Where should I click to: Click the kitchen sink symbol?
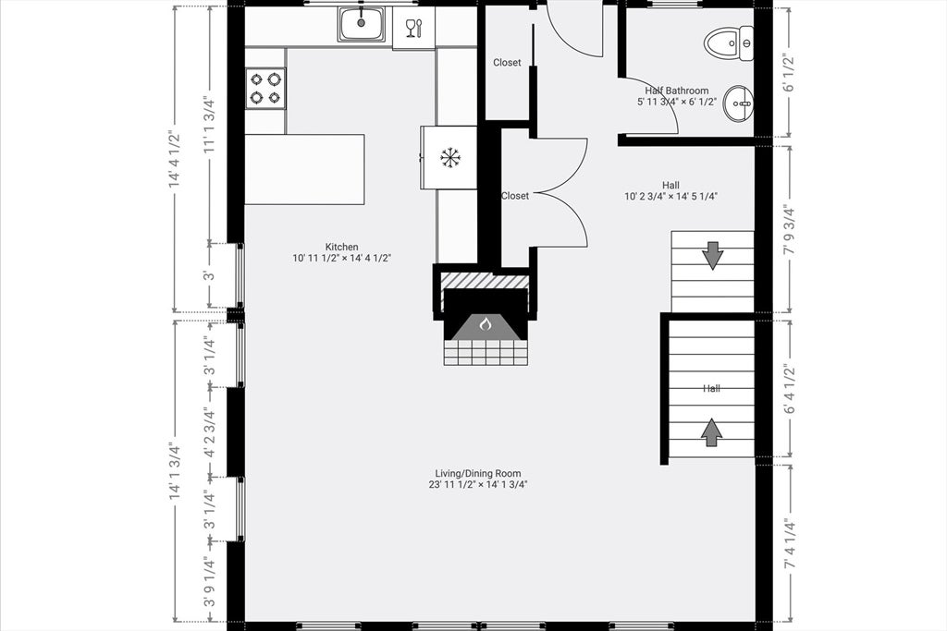pyautogui.click(x=362, y=24)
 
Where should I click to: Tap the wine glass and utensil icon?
pyautogui.click(x=414, y=28)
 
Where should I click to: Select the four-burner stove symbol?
pyautogui.click(x=265, y=88)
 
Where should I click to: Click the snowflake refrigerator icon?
pyautogui.click(x=450, y=158)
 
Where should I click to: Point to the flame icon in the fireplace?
pyautogui.click(x=485, y=325)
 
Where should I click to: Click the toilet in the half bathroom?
pyautogui.click(x=729, y=43)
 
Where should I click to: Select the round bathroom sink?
pyautogui.click(x=738, y=103)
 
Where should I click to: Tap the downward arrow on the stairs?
pyautogui.click(x=713, y=255)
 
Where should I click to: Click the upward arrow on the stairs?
pyautogui.click(x=712, y=432)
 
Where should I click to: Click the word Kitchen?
pyautogui.click(x=342, y=247)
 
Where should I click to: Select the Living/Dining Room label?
pyautogui.click(x=478, y=474)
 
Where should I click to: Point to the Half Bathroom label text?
pyautogui.click(x=676, y=91)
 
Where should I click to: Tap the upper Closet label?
pyautogui.click(x=507, y=62)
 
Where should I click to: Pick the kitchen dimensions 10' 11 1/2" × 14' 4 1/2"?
pyautogui.click(x=342, y=258)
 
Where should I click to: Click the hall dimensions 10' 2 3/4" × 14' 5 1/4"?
pyautogui.click(x=670, y=196)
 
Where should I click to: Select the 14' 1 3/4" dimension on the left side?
pyautogui.click(x=175, y=471)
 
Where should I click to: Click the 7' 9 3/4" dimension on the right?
pyautogui.click(x=788, y=230)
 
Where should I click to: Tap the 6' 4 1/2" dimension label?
pyautogui.click(x=788, y=389)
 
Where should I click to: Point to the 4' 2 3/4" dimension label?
pyautogui.click(x=209, y=432)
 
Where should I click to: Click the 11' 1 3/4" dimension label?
pyautogui.click(x=209, y=125)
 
